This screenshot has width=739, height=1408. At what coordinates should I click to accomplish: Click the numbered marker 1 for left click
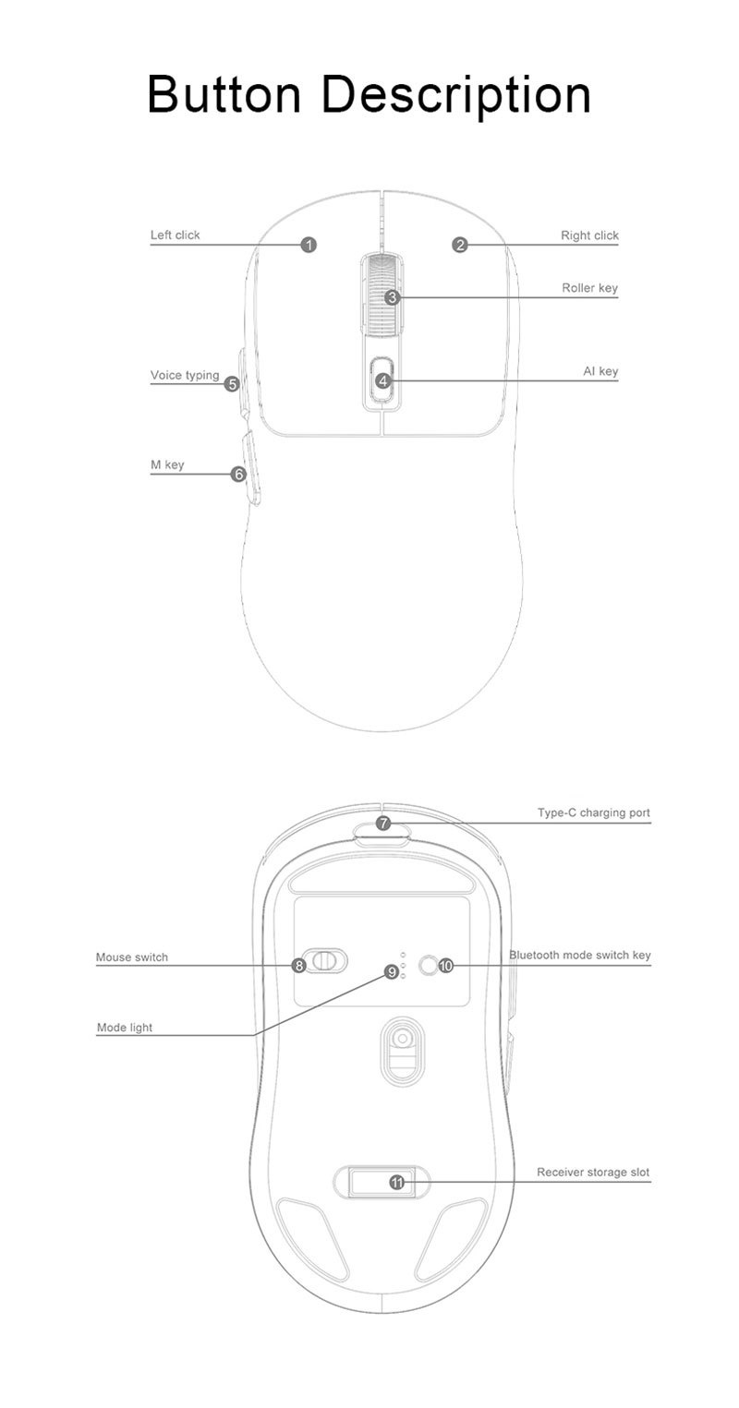(309, 245)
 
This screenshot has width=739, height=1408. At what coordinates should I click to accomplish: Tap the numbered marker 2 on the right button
(460, 245)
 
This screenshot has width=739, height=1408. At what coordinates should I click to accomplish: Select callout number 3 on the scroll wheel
(392, 297)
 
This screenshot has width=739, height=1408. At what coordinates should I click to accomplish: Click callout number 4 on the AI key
(383, 380)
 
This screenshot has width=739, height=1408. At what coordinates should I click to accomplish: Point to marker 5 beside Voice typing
(232, 383)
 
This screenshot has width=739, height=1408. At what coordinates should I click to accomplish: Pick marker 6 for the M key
(238, 475)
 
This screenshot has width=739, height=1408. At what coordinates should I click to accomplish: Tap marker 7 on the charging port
(383, 824)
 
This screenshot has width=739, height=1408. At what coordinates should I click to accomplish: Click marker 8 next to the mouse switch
(298, 966)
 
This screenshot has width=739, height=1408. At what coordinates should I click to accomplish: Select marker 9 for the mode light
(392, 971)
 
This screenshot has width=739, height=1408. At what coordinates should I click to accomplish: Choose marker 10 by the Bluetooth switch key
(446, 966)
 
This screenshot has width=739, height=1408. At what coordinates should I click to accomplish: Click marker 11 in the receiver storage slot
(397, 1182)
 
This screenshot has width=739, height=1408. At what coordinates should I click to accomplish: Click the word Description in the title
(460, 95)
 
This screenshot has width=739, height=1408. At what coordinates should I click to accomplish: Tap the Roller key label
(589, 288)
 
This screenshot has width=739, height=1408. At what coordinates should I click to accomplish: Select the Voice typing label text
(185, 375)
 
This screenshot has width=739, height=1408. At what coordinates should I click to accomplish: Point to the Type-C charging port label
(593, 813)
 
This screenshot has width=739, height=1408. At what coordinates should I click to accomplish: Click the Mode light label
(125, 1028)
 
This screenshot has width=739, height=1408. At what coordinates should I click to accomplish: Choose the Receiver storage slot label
(593, 1173)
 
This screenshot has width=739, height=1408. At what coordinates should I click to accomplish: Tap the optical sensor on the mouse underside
(401, 1040)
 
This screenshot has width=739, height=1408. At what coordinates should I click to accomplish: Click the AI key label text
(600, 371)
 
